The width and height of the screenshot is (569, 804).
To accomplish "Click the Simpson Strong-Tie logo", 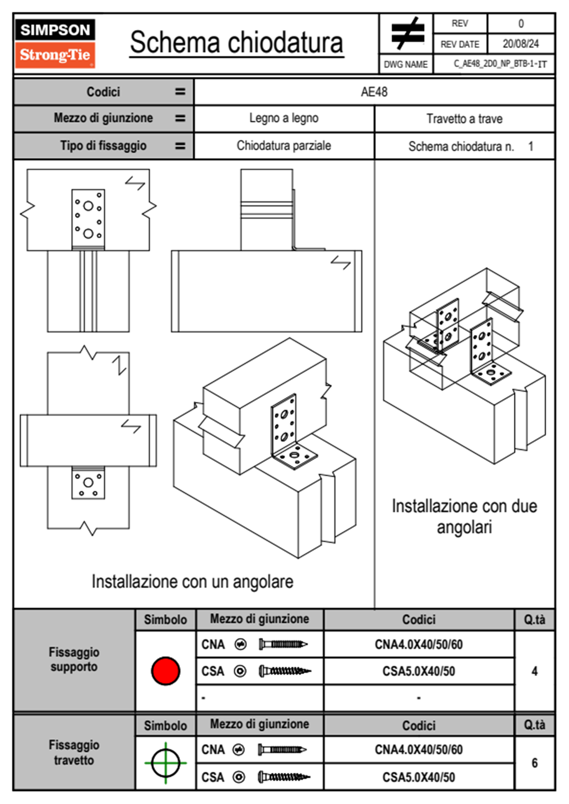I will pos(55,43).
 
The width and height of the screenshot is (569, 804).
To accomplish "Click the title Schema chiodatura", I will pos(236,43).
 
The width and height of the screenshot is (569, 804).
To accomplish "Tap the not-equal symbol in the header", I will pos(407,33).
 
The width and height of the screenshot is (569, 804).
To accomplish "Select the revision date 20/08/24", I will pos(520,44).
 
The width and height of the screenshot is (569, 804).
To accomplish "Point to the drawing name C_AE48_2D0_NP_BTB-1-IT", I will pos(500,64).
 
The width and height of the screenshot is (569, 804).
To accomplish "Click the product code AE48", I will pos(374,92).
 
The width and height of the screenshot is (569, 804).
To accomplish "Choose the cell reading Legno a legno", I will pos(284,118).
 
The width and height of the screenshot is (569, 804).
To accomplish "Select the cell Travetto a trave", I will pos(464,119).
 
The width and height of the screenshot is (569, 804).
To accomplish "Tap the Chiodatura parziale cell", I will pos(284,146).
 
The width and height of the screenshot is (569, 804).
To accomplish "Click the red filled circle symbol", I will pos(165,671).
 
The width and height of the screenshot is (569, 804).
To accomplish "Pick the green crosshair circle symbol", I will pos(165,763).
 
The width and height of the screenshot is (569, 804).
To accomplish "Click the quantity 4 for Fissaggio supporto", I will pos(534,671).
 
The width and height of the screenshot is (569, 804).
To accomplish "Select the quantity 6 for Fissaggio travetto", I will pos(534,763).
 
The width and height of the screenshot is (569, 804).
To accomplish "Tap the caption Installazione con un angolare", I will pos(192,582).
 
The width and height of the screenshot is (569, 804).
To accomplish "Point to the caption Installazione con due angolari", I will pos(464,517).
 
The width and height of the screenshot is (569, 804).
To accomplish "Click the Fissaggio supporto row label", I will pos(74,660).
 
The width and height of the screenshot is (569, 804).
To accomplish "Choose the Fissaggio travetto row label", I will pos(74,752).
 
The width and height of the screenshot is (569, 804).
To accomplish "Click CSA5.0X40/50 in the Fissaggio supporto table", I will pos(418,671).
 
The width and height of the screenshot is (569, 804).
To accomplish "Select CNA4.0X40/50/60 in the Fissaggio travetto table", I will pos(418,750).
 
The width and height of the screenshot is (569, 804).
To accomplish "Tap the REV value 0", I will pos(521,23).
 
